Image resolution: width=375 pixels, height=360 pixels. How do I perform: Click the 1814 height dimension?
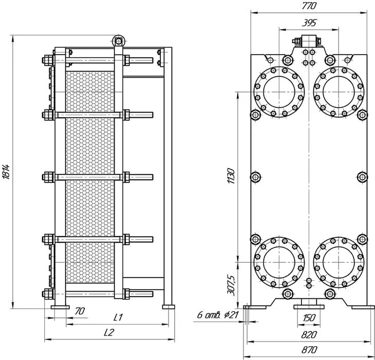click(6, 172)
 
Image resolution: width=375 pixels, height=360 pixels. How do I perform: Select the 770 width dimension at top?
click(309, 6)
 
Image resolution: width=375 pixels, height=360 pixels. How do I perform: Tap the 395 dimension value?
click(309, 23)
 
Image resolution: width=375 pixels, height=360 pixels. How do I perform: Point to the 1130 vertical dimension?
click(231, 176)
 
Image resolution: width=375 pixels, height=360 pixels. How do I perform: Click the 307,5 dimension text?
click(231, 285)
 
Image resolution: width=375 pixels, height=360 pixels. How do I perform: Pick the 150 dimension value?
click(309, 318)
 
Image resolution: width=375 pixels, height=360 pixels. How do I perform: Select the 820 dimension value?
click(309, 335)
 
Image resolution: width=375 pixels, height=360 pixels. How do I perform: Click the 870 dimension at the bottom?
click(309, 350)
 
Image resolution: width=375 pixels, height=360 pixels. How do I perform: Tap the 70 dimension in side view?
click(80, 311)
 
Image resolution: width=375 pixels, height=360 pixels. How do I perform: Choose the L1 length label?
click(118, 317)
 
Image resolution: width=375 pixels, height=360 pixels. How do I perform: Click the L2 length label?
click(109, 332)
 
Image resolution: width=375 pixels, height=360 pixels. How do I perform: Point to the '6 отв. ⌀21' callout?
click(218, 315)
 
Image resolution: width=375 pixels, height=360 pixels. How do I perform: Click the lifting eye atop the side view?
click(118, 41)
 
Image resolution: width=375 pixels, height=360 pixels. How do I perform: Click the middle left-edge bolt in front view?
click(255, 177)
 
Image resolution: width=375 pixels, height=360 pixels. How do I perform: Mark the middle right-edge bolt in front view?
click(362, 177)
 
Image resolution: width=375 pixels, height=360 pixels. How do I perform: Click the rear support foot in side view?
click(168, 307)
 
